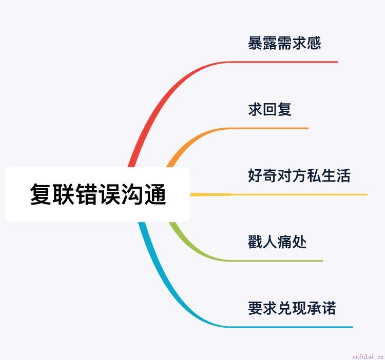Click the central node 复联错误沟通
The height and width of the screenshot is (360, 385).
pos(98,194)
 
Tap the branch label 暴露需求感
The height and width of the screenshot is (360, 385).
pos(284,43)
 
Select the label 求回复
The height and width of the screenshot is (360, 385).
pos(269,109)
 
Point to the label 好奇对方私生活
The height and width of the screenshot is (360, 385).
pos(299,175)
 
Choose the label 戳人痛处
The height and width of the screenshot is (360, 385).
pos(277,242)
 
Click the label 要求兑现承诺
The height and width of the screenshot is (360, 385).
pos(292,308)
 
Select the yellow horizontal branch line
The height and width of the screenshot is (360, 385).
pos(279,195)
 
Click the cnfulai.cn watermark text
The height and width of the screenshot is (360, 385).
pos(368,356)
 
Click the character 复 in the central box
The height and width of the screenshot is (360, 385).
pos(41,194)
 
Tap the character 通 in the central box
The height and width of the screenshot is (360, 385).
pos(155,194)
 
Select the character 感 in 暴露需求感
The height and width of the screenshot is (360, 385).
pos(314,43)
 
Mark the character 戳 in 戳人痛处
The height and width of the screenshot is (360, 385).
pos(255,242)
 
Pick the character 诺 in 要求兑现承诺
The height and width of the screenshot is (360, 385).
pos(329,308)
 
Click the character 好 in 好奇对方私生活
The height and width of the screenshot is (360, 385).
pos(255,175)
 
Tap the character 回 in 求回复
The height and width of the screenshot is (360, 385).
pos(269,109)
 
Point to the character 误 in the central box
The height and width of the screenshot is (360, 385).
pos(109,194)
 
